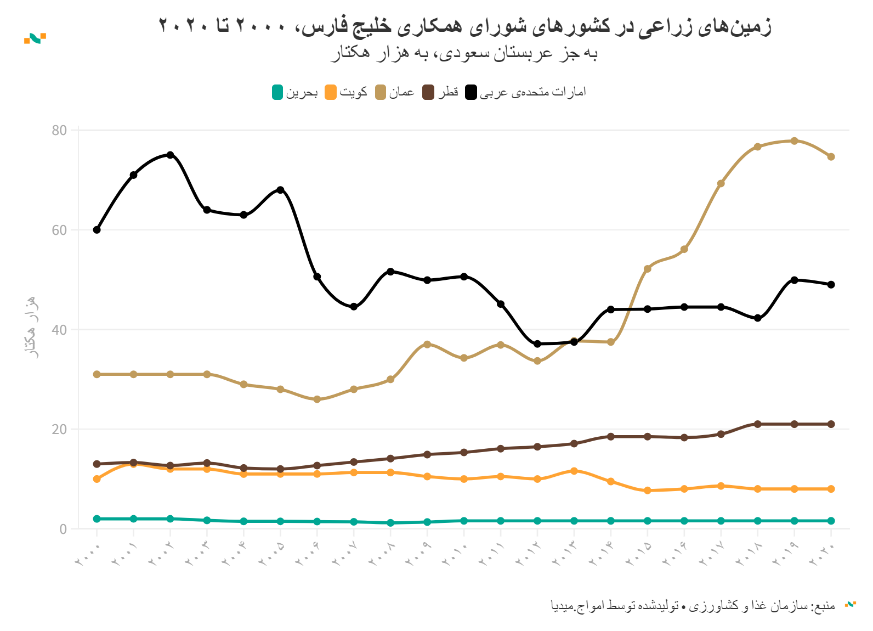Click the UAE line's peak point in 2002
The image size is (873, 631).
pyautogui.click(x=170, y=155)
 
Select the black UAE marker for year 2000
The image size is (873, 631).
pyautogui.click(x=97, y=230)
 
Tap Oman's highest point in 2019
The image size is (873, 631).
pyautogui.click(x=794, y=141)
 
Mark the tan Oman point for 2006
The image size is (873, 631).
pyautogui.click(x=317, y=399)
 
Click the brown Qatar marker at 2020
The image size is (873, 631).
pyautogui.click(x=831, y=424)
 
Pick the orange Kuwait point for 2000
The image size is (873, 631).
pyautogui.click(x=97, y=479)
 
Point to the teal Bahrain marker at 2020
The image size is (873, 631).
pyautogui.click(x=831, y=521)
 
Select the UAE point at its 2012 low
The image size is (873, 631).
pyautogui.click(x=537, y=344)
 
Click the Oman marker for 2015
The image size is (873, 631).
pyautogui.click(x=648, y=269)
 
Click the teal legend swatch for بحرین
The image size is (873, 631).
pyautogui.click(x=277, y=92)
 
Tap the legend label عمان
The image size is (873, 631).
pyautogui.click(x=402, y=92)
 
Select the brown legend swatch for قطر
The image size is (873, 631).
pyautogui.click(x=428, y=92)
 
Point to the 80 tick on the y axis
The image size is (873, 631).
pyautogui.click(x=59, y=131)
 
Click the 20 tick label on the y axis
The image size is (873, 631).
pyautogui.click(x=59, y=429)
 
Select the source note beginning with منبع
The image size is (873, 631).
pyautogui.click(x=693, y=606)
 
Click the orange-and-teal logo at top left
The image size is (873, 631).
pyautogui.click(x=35, y=38)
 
